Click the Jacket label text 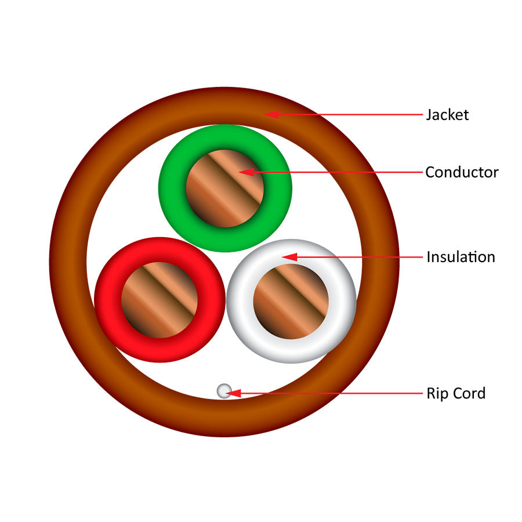(447, 115)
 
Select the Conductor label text (462, 172)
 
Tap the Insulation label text (461, 257)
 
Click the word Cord (470, 393)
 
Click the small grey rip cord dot (224, 391)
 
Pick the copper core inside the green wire (224, 188)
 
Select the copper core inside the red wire (159, 300)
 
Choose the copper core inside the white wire (291, 302)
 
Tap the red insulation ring (107, 300)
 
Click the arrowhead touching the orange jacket (271, 114)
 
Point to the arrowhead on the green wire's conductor (246, 172)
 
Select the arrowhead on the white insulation (289, 256)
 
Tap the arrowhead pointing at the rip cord (234, 393)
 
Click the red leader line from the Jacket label (348, 115)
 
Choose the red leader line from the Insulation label (360, 256)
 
